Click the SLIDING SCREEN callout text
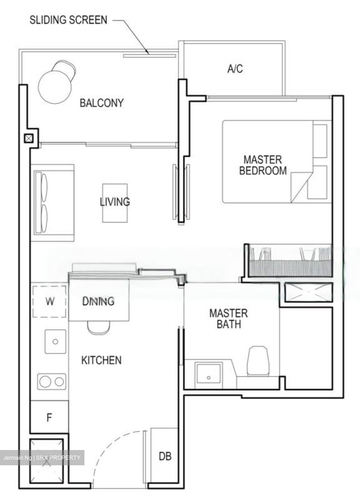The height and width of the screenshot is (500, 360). pos(68,20)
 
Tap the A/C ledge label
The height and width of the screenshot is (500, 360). pos(235,69)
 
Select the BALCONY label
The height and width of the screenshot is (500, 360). pos(101,103)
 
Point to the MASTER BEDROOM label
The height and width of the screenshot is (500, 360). pos(263,165)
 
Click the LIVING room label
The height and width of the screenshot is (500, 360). pos(115,202)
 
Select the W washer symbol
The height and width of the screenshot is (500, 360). pos(50,301)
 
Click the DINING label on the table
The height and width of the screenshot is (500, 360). pos(98,301)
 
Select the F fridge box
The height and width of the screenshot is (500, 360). pos(49,417)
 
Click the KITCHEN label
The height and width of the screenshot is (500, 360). pos(101,360)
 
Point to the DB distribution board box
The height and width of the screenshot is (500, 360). pos(165,456)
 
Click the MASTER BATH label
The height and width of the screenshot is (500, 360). pos(228,318)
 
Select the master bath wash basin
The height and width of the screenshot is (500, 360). pos(208,375)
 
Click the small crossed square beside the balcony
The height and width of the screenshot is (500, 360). pos(28,139)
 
